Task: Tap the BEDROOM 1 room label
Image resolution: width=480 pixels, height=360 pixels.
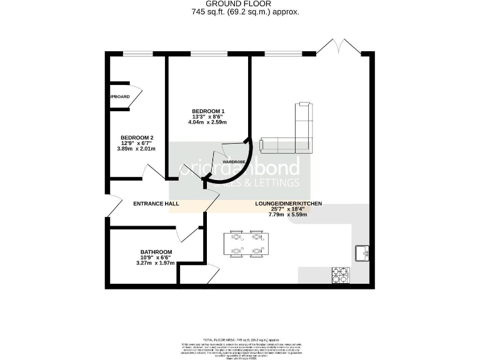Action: pos(208,111)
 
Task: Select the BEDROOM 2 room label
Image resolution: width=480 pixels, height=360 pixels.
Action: pos(137,137)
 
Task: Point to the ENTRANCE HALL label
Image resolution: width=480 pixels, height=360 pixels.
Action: pos(156,204)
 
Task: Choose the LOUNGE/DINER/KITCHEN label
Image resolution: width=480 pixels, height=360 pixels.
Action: pos(288,204)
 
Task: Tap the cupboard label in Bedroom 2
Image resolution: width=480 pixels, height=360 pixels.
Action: pos(119,96)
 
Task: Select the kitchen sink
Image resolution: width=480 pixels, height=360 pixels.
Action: pos(362,253)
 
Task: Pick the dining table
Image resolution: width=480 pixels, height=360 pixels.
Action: pos(246,244)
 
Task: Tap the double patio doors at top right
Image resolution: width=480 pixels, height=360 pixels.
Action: pos(338,47)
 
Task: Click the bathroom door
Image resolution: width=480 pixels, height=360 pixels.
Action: pos(186,232)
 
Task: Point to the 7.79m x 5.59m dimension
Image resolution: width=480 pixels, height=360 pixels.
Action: pos(288,215)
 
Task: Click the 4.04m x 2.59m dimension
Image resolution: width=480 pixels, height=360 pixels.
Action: pos(208,122)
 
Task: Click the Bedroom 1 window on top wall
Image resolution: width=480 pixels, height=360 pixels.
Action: pos(208,54)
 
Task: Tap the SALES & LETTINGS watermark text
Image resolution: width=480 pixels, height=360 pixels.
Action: pos(256,182)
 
